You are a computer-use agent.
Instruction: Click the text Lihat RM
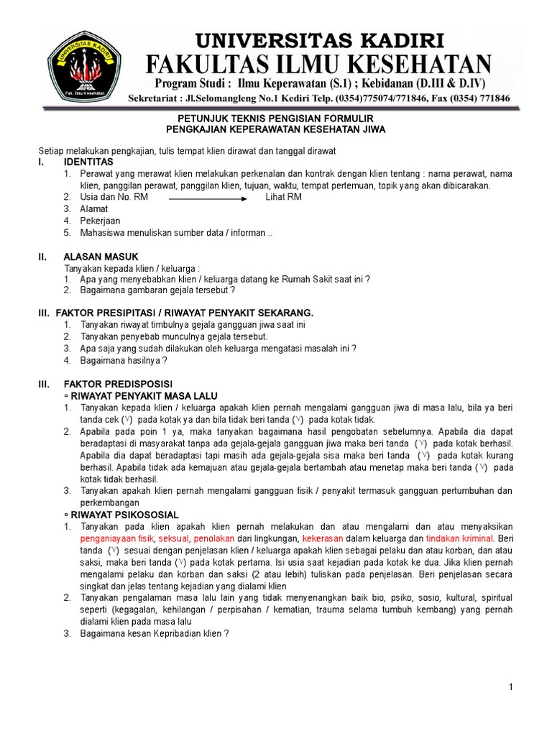(283, 197)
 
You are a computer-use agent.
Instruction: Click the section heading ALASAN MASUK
(101, 257)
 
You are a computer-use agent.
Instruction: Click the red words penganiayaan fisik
(116, 538)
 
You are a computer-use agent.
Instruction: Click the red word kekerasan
(323, 538)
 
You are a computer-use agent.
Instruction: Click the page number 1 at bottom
(510, 688)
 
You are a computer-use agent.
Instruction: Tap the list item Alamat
(94, 209)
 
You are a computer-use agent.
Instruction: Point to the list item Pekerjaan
(101, 221)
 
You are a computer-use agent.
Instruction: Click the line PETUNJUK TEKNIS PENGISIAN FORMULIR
(276, 118)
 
